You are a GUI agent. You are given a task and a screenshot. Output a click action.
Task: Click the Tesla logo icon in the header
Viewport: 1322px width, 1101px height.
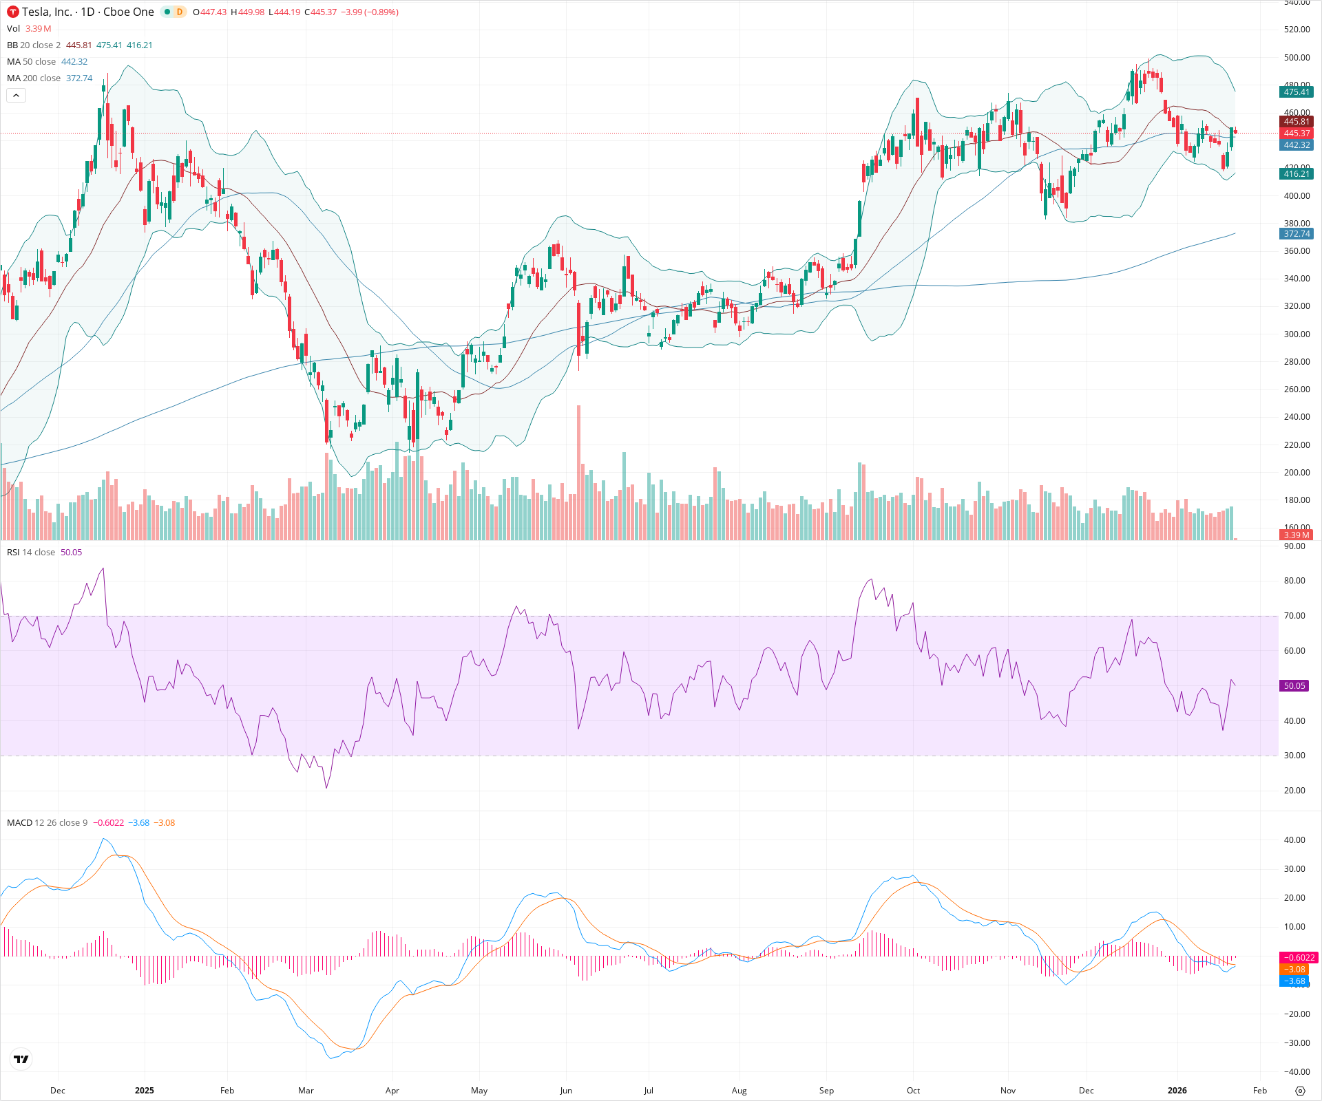(12, 12)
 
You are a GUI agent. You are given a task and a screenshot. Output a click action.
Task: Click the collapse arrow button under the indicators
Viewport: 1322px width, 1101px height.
(16, 95)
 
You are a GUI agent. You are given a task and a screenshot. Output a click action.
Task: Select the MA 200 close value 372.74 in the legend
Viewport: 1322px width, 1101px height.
(79, 78)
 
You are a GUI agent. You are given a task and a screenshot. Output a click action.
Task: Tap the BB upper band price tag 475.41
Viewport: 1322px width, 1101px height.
(1296, 92)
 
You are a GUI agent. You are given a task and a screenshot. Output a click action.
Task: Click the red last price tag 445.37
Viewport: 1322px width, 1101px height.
(1296, 133)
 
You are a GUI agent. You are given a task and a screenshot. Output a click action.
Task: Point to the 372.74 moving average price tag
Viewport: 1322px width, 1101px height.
(1296, 234)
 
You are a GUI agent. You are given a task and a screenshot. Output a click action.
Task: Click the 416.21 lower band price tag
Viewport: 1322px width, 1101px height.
(1296, 174)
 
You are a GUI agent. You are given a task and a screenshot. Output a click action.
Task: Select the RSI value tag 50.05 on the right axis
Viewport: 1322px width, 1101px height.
(1294, 686)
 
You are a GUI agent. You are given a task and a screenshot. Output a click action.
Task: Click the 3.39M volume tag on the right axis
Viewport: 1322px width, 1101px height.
(1296, 535)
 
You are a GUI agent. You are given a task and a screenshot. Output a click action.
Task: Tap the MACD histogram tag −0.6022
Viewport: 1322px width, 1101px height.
(1297, 958)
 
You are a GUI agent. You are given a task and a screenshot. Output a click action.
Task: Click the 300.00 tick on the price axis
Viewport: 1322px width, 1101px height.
(1296, 334)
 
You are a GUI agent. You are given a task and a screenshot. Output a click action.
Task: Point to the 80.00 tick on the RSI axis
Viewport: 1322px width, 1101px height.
(1294, 581)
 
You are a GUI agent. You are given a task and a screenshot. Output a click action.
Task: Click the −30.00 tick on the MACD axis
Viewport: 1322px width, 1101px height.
(1296, 1043)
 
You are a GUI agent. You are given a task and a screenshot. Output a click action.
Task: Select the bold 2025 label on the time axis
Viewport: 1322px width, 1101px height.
(145, 1091)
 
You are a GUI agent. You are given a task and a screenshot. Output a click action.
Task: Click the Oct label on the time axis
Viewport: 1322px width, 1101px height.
(913, 1091)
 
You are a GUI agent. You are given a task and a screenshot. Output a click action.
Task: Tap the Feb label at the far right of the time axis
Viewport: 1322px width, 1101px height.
(1259, 1091)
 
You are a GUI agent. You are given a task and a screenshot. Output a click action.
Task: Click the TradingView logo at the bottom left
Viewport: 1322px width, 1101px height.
(21, 1060)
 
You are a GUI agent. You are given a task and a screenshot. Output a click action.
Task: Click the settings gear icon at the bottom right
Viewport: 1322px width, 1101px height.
(1300, 1091)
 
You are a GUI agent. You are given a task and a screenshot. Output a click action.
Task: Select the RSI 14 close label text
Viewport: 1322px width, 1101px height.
(31, 553)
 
